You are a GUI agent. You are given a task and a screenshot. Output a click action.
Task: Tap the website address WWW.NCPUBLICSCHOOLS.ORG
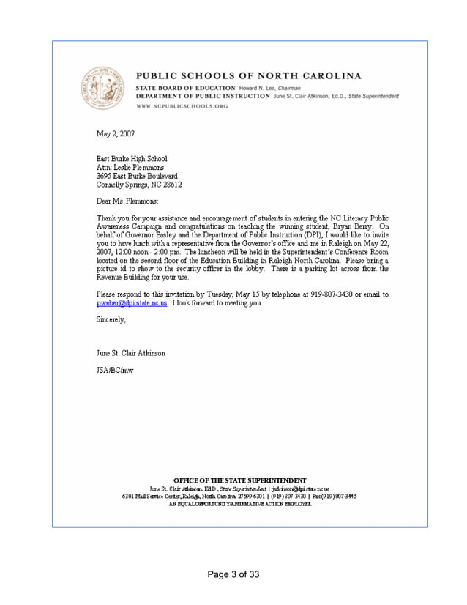(182, 106)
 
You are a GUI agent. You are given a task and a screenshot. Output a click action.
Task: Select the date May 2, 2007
(116, 133)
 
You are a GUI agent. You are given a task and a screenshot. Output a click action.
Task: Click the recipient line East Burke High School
(132, 159)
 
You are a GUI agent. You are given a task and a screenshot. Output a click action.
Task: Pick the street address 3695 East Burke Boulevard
(137, 177)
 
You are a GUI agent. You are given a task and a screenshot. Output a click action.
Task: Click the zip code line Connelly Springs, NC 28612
(139, 185)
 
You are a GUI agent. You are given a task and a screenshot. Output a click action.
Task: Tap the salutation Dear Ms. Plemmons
(127, 201)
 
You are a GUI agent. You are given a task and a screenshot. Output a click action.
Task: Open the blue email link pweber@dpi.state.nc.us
(132, 302)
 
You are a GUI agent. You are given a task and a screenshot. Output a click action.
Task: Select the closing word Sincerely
(111, 319)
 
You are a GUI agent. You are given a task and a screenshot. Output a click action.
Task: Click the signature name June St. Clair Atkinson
(131, 353)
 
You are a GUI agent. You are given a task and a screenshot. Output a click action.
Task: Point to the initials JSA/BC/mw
(115, 371)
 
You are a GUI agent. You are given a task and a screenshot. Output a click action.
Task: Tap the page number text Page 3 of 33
(233, 574)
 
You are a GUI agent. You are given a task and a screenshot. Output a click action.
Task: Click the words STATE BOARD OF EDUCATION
(181, 88)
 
